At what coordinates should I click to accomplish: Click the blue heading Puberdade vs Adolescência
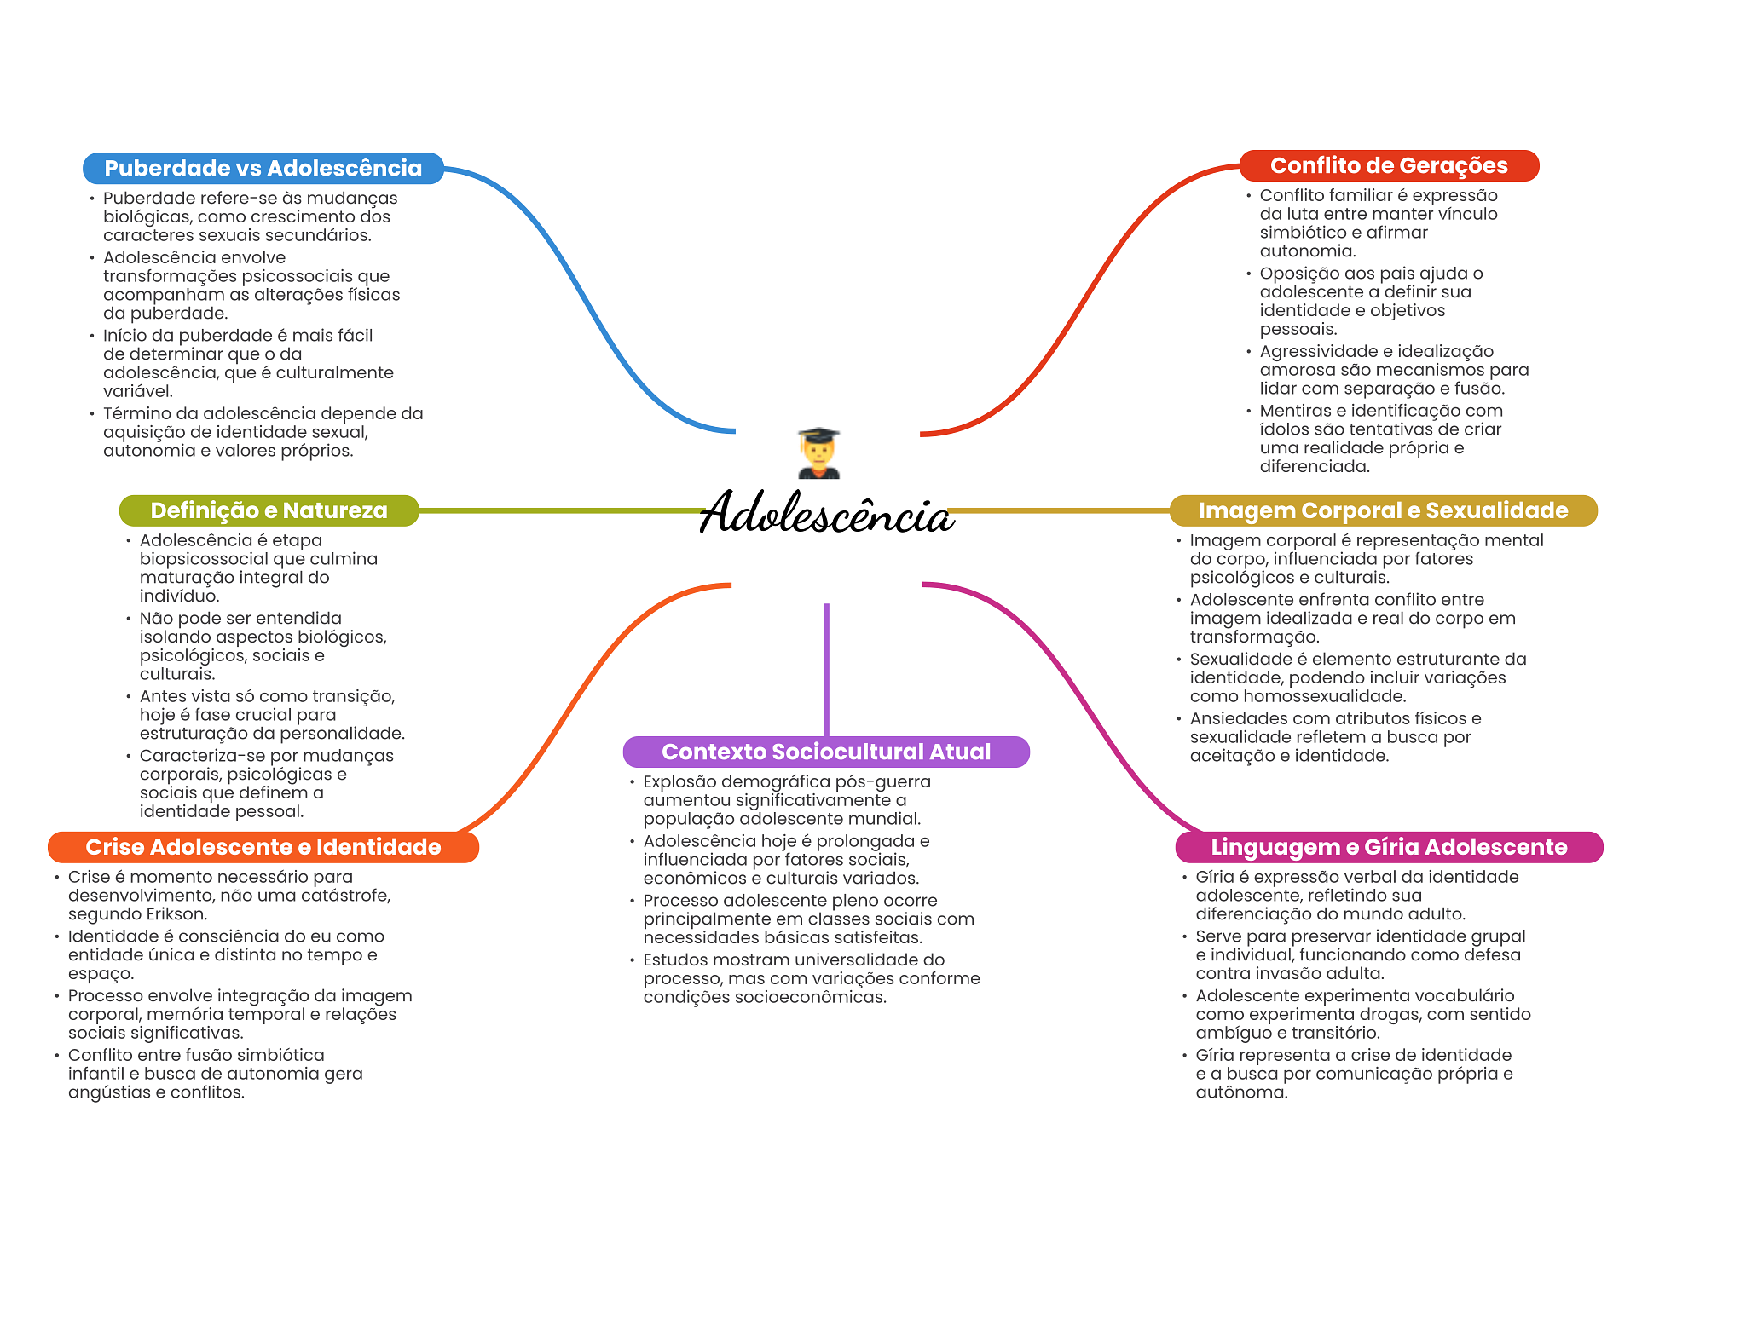[x=263, y=168]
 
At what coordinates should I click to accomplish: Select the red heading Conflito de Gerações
[x=1388, y=165]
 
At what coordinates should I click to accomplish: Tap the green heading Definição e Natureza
[x=269, y=510]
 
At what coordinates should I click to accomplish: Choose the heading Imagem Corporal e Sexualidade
[x=1382, y=510]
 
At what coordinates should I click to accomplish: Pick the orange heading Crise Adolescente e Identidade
[x=263, y=847]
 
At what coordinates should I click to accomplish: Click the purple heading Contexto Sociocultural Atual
[x=825, y=752]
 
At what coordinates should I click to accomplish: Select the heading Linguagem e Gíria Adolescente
[x=1388, y=847]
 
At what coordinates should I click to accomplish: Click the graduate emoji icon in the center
[x=819, y=452]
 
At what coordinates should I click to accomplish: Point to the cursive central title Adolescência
[x=825, y=514]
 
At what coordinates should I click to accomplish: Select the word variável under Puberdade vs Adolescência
[x=138, y=391]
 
